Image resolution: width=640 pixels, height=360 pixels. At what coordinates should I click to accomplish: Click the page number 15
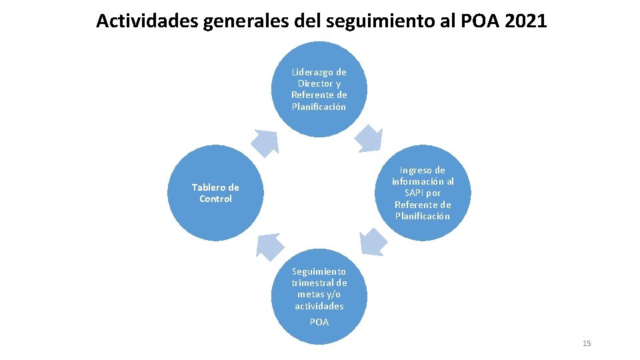tap(587, 343)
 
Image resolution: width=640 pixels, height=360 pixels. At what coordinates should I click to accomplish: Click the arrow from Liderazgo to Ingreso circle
tap(368, 137)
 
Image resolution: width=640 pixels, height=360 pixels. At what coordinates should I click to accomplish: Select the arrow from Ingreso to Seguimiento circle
tap(373, 241)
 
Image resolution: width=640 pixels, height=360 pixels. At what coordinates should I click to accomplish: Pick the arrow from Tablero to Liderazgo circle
tap(265, 142)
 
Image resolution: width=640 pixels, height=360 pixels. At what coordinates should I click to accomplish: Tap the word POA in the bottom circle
tap(319, 322)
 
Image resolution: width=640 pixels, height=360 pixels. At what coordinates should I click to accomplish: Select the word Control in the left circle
tap(215, 199)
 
